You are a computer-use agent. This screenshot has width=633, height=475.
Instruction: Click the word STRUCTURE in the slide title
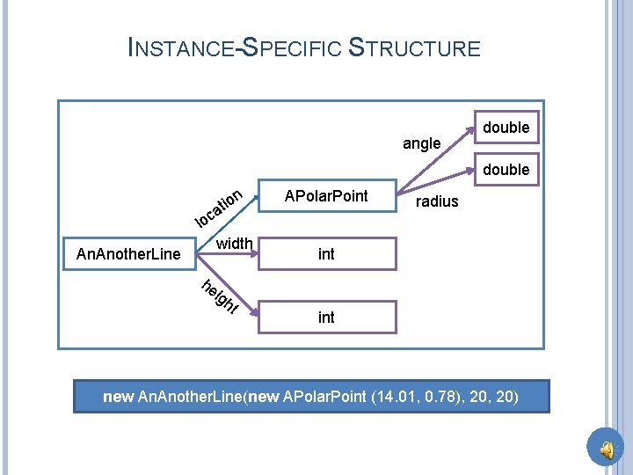point(415,47)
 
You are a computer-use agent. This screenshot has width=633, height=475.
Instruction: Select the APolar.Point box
point(326,195)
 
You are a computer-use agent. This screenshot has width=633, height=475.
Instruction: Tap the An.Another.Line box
point(128,254)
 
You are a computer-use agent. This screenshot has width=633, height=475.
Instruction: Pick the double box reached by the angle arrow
point(506,128)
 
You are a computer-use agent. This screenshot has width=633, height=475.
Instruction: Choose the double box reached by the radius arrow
point(506,169)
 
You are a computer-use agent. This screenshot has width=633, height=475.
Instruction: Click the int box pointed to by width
point(326,254)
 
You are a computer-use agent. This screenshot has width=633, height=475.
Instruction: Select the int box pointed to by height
point(326,317)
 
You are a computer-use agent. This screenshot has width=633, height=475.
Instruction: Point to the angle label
point(421,143)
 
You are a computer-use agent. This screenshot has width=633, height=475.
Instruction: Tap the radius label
point(437,201)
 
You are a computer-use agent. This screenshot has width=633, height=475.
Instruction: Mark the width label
point(234,244)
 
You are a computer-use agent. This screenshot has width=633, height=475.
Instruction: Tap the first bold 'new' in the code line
point(119,397)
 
